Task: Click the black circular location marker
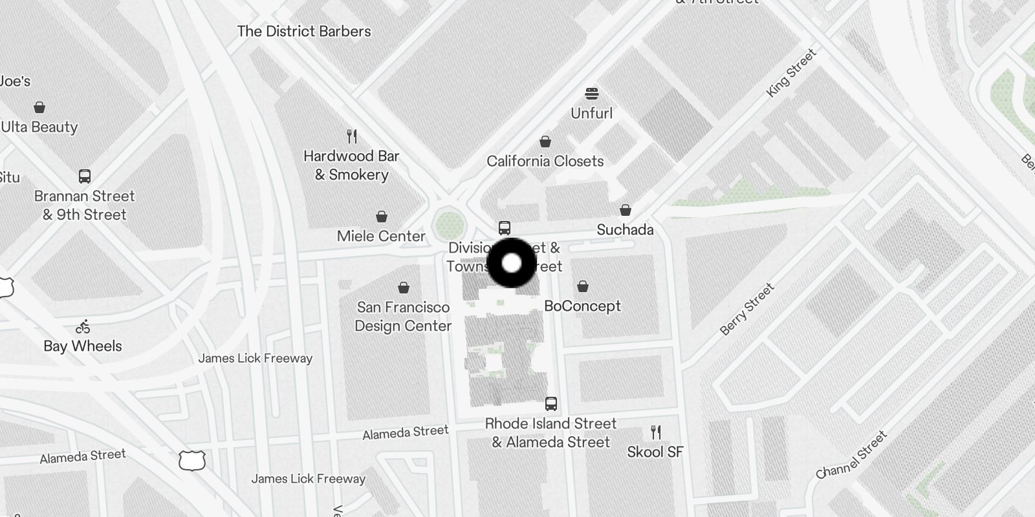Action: click(512, 263)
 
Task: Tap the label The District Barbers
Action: click(304, 31)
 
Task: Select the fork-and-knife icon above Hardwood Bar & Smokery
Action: click(352, 136)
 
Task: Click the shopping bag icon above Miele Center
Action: click(382, 216)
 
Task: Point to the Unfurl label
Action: click(591, 113)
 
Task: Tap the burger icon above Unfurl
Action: click(591, 94)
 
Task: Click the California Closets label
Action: click(545, 161)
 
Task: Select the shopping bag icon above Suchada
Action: click(626, 210)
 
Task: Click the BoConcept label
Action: click(582, 306)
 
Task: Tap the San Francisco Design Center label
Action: click(403, 317)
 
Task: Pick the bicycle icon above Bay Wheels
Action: click(83, 327)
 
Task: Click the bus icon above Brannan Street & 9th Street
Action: click(84, 176)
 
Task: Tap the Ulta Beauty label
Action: click(39, 127)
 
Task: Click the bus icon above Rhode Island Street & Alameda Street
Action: click(551, 404)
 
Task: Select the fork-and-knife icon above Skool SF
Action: click(656, 432)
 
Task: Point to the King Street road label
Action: click(790, 73)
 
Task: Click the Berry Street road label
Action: click(747, 309)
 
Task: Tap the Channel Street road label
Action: click(851, 456)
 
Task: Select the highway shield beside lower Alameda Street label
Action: click(192, 461)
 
